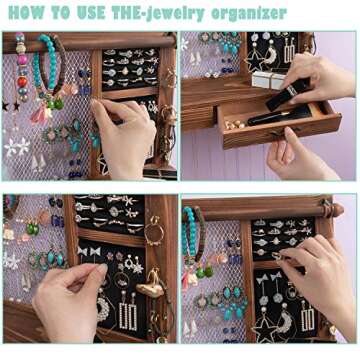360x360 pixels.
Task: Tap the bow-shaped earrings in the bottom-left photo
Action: coord(91,251)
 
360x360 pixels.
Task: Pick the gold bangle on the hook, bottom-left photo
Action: coord(155,231)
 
